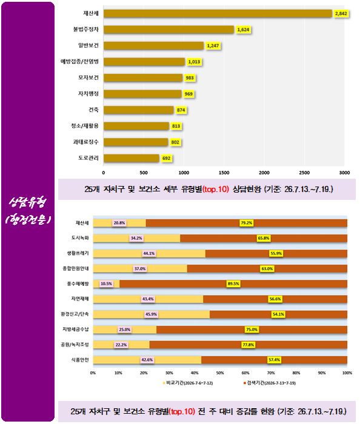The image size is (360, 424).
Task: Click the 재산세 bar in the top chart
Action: [x=218, y=13]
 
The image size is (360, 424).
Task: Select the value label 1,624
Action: [x=243, y=30]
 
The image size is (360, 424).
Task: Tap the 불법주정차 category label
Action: [x=85, y=29]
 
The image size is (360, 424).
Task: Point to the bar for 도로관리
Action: [x=131, y=158]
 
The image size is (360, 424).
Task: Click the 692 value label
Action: [x=166, y=158]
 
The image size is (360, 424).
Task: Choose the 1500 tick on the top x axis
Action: [x=224, y=173]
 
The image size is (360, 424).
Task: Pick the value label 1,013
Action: [x=194, y=62]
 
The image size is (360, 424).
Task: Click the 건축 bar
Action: [x=138, y=110]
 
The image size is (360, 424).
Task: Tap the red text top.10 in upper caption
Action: [x=216, y=189]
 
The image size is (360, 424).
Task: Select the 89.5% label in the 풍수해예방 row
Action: [x=233, y=283]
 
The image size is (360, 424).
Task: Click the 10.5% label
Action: [x=106, y=283]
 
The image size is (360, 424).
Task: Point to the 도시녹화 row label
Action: [x=80, y=238]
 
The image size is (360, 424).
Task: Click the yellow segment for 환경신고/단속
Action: [x=152, y=314]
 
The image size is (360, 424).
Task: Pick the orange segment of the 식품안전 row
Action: [x=275, y=360]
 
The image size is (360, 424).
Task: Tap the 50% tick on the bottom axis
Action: [x=220, y=373]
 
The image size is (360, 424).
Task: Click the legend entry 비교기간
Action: [x=188, y=383]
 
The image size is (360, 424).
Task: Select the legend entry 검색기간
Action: [x=269, y=383]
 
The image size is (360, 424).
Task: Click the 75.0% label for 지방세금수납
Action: [x=252, y=330]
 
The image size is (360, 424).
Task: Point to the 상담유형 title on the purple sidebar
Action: [x=28, y=202]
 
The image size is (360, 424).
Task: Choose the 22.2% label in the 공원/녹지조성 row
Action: [x=121, y=345]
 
